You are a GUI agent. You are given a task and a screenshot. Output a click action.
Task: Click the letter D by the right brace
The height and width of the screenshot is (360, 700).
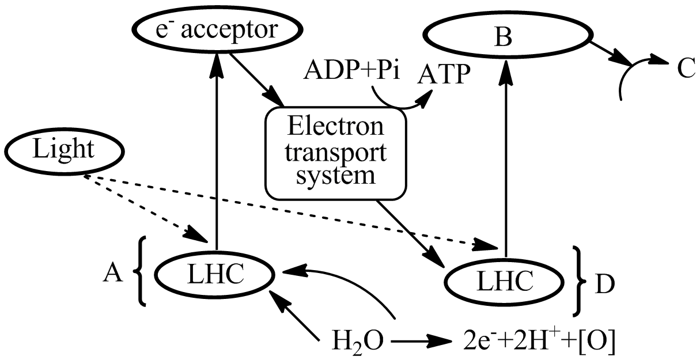(602, 284)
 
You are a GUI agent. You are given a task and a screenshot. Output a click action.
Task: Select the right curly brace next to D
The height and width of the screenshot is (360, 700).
(577, 281)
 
